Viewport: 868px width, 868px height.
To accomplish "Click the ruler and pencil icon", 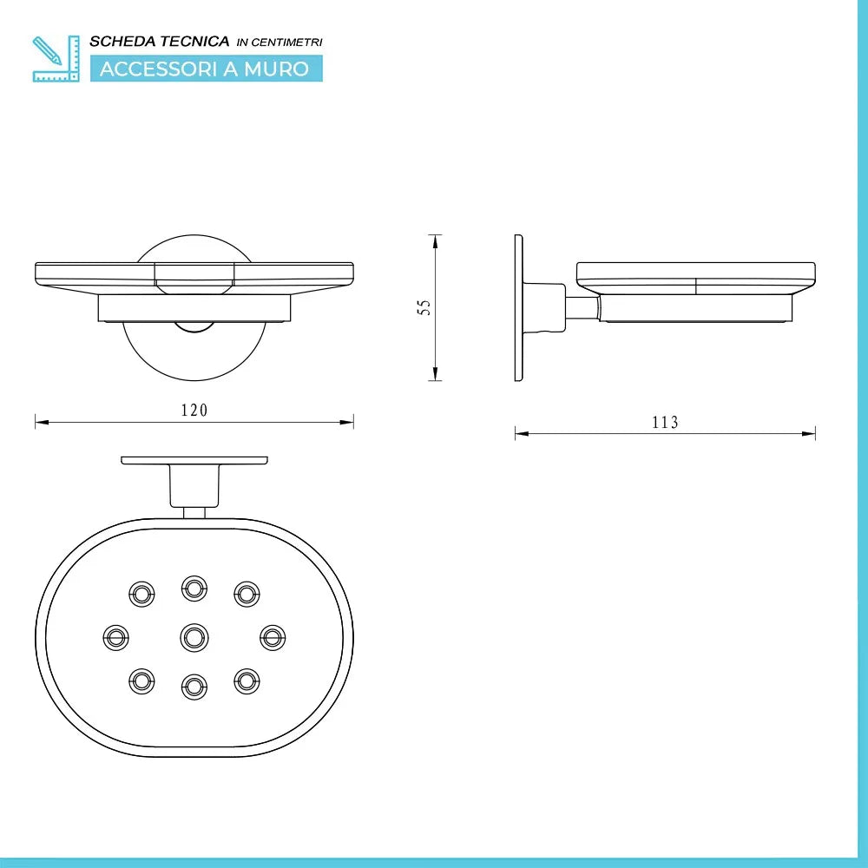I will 55,58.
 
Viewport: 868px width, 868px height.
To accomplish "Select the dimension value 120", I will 194,411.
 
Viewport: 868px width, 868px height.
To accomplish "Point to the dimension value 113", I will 665,423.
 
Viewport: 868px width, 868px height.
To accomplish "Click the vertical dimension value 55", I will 424,307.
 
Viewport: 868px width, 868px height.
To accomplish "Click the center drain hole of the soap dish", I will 194,638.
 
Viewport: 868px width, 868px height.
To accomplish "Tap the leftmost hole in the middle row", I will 115,638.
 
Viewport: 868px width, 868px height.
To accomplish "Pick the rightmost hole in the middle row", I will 273,638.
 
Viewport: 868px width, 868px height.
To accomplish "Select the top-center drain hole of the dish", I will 194,588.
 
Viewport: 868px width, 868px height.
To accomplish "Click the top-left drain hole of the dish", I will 141,594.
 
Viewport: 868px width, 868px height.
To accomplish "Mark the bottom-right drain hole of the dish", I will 247,681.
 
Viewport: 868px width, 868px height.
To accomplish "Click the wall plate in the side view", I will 519,307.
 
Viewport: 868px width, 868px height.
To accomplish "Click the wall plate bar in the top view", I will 194,460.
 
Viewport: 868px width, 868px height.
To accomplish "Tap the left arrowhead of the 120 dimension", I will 38,422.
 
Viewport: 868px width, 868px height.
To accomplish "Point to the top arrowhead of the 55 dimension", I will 435,239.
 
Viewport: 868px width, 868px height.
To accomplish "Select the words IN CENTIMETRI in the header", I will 279,43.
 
